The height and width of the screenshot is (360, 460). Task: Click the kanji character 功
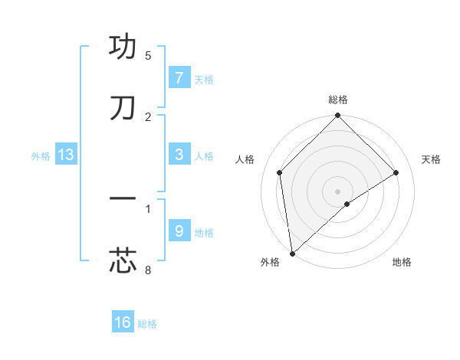(x=123, y=47)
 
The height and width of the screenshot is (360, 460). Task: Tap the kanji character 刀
(x=123, y=108)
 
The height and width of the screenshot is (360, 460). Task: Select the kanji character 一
(x=123, y=199)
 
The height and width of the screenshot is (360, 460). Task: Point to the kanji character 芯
(x=123, y=260)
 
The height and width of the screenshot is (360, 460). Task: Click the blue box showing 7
(x=179, y=78)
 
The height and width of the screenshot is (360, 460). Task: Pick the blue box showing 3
(x=179, y=155)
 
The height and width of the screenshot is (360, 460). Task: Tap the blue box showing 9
(x=179, y=231)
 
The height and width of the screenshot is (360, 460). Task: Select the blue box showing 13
(x=66, y=155)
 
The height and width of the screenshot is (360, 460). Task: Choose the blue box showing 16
(x=123, y=322)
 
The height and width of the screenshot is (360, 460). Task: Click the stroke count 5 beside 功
(x=148, y=55)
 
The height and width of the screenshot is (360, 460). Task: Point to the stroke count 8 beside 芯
(x=148, y=270)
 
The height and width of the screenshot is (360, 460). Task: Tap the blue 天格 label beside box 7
(x=204, y=79)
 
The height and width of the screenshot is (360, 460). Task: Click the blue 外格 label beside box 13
(x=41, y=155)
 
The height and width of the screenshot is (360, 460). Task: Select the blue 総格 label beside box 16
(x=147, y=323)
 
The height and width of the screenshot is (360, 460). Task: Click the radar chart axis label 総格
(x=338, y=100)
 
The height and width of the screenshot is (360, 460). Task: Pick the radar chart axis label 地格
(x=402, y=262)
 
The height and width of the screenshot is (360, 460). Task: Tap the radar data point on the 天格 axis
(x=396, y=172)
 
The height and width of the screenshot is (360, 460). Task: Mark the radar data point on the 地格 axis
(x=347, y=204)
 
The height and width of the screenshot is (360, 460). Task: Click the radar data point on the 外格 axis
(x=292, y=254)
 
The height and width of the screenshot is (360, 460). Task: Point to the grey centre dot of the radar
(x=338, y=191)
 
